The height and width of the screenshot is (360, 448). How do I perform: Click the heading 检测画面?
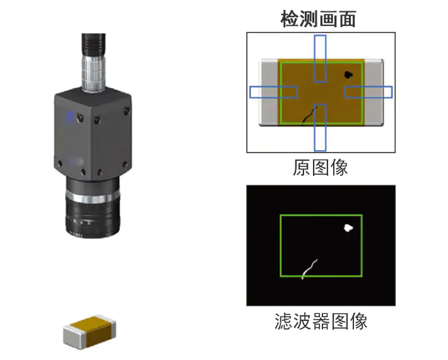[318, 19]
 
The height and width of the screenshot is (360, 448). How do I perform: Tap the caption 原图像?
[321, 167]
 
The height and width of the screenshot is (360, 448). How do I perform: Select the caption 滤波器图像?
[321, 322]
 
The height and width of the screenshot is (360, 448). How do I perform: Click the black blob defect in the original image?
[348, 75]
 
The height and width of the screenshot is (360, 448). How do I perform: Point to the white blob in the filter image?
[347, 228]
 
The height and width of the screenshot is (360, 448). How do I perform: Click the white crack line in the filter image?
[309, 269]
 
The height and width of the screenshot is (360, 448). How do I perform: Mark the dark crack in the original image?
[308, 116]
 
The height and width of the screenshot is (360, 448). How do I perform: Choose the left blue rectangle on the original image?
[273, 92]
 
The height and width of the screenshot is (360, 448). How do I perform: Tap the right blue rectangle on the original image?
[368, 92]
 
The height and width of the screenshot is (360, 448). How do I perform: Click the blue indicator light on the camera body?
[69, 116]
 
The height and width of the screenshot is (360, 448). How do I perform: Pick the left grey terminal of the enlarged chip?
[269, 92]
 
